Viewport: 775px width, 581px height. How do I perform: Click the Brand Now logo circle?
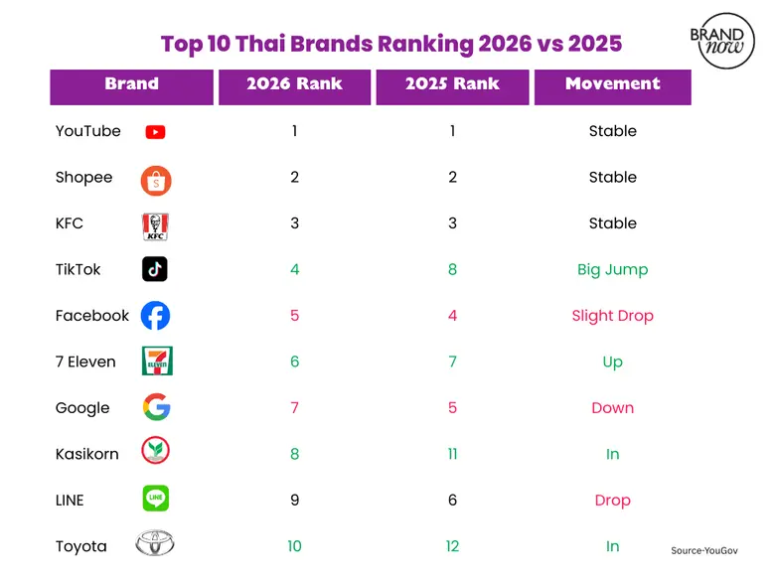point(722,41)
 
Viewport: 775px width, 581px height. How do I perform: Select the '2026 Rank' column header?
point(294,84)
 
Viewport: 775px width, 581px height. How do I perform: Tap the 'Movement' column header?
point(612,84)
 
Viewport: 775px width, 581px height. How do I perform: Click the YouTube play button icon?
point(155,132)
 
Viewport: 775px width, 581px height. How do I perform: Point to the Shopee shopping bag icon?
point(156,180)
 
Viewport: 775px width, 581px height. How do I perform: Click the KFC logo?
point(155,226)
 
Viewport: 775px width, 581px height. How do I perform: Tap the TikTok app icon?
point(155,269)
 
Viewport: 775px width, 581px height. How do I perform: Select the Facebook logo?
point(155,316)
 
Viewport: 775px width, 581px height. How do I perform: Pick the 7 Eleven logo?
point(156,362)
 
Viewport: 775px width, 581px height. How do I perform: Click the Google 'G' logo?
point(156,407)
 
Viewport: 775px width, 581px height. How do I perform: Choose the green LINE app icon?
point(155,499)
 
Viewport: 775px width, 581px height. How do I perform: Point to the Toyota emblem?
point(155,545)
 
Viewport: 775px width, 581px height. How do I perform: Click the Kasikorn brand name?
point(87,454)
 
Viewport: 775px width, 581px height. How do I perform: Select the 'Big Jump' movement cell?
point(612,269)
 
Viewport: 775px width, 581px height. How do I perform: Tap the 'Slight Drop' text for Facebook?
point(612,316)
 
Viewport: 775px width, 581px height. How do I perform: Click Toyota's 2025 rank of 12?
point(452,546)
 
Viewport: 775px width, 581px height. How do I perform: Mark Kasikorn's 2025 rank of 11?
point(452,454)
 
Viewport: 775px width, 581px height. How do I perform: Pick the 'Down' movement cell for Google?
point(612,408)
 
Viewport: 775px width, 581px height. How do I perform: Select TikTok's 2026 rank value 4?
point(294,269)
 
